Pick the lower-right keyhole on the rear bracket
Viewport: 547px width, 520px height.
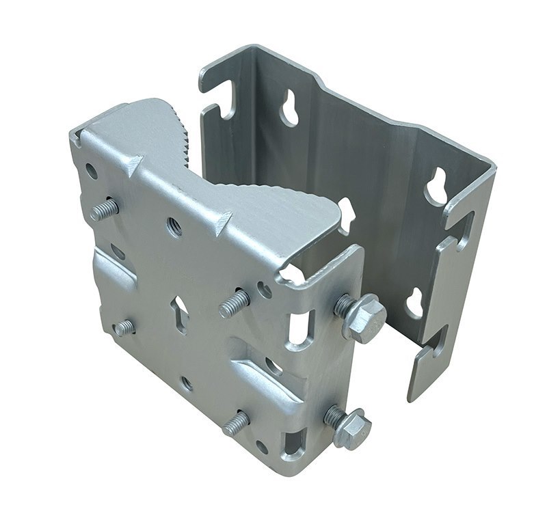[x=415, y=301]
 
